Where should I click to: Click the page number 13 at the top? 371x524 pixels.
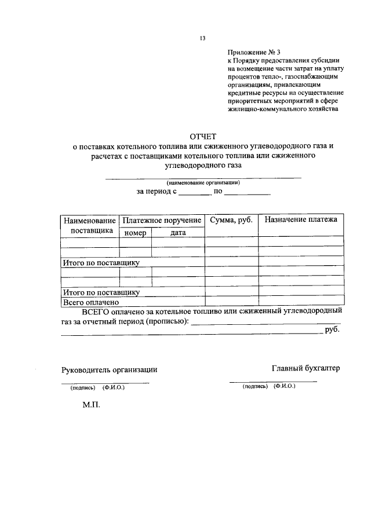pos(203,38)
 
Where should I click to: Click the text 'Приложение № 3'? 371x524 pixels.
pos(253,52)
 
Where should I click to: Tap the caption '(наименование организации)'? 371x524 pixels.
pos(203,182)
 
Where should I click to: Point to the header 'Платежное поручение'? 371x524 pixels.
pos(162,221)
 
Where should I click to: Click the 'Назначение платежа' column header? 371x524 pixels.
pos(300,220)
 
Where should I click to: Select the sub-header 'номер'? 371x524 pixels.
pos(135,233)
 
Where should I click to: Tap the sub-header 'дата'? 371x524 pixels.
pos(177,233)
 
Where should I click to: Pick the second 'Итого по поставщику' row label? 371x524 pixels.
pos(101,292)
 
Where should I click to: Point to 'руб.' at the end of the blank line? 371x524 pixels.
pos(332,330)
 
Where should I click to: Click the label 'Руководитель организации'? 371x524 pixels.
pos(110,370)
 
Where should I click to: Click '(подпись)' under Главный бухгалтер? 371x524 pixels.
pos(255,386)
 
